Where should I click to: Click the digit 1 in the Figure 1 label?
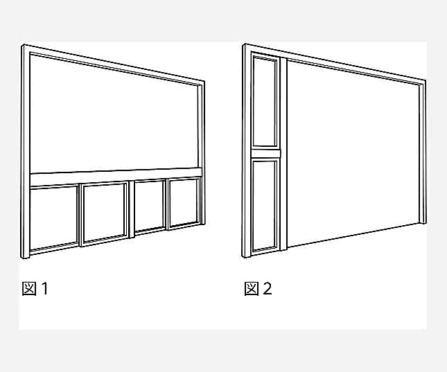[45, 288]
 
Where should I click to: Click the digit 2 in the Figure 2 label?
[268, 288]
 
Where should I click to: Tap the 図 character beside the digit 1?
[29, 288]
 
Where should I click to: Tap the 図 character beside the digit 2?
[252, 288]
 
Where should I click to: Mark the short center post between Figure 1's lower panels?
[131, 209]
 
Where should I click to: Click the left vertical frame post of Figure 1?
[26, 152]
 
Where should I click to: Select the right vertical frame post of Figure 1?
[201, 152]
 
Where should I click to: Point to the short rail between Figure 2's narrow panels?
[265, 154]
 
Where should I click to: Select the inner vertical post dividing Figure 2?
[283, 154]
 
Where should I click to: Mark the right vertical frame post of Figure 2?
[423, 152]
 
